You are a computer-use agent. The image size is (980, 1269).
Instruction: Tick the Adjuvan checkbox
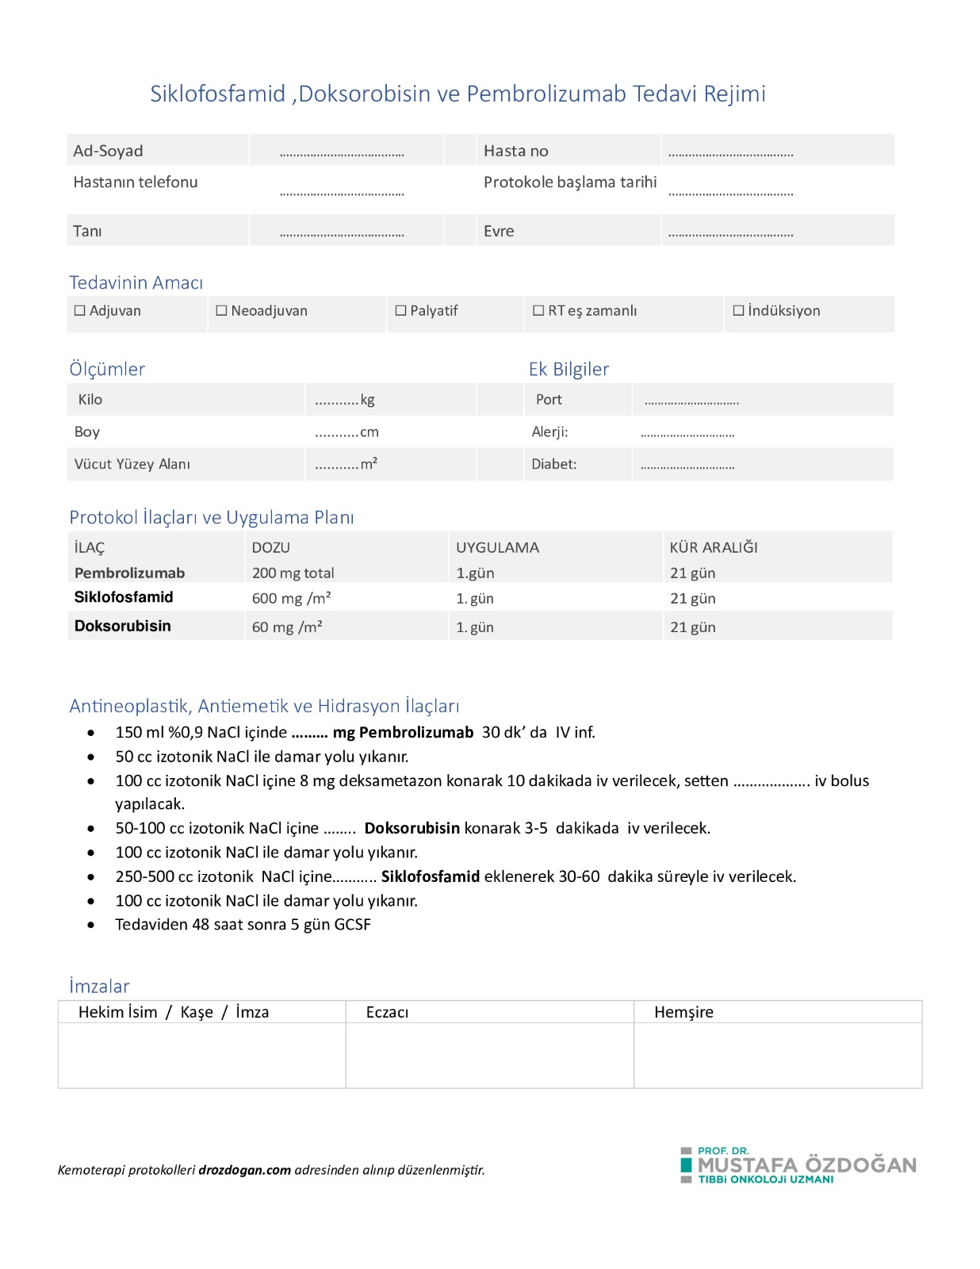point(79,311)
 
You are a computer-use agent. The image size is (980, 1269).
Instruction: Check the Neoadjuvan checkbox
point(221,311)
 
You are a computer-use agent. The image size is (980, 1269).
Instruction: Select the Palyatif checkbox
point(400,311)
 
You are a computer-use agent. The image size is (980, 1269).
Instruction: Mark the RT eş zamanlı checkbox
point(538,311)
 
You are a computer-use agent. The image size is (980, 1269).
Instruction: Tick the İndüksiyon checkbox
point(738,311)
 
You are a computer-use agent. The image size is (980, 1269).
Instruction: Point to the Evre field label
point(499,232)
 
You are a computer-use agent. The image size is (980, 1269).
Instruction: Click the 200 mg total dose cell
point(293,573)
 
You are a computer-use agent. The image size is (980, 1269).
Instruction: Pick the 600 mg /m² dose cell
point(291,598)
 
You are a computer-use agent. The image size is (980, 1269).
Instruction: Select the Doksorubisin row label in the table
point(122,626)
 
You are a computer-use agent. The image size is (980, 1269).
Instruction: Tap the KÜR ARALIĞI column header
point(714,547)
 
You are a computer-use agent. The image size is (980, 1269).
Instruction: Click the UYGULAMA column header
point(497,547)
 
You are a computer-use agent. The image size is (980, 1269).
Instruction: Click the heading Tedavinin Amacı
point(136,282)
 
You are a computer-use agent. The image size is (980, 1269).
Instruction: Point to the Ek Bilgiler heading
point(568,369)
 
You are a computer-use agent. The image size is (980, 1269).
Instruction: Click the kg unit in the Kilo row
point(367,400)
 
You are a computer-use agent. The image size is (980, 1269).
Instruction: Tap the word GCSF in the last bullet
point(352,925)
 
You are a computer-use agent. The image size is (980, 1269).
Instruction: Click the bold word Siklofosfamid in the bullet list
point(430,876)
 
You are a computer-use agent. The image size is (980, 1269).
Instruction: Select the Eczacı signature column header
point(387,1012)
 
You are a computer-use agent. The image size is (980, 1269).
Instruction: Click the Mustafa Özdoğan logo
point(798,1165)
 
